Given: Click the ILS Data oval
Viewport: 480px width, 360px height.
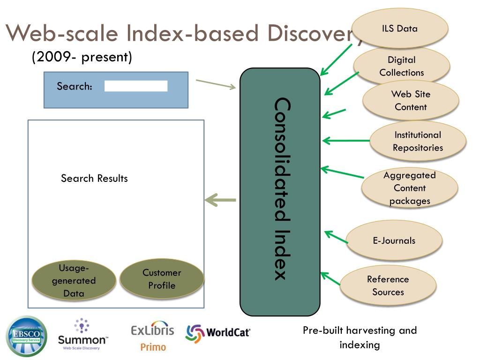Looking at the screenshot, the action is click(400, 28).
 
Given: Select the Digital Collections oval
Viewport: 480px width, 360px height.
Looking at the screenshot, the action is click(402, 66).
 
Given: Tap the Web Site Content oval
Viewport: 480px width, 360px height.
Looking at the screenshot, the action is click(411, 100).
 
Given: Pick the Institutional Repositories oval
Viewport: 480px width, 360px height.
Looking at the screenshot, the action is click(418, 141).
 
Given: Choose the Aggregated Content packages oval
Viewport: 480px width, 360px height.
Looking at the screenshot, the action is click(410, 187).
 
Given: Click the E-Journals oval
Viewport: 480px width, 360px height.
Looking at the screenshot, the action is click(394, 240).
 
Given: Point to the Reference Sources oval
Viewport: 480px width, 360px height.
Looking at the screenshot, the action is click(388, 285).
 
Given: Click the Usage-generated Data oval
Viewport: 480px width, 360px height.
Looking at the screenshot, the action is click(74, 280).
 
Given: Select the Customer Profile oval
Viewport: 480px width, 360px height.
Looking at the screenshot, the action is click(162, 278).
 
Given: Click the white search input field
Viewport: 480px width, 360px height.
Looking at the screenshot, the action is click(136, 86).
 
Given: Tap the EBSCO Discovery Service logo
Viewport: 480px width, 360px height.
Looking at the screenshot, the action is click(26, 336).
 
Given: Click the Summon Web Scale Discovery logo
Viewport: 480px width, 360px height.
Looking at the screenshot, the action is click(82, 334).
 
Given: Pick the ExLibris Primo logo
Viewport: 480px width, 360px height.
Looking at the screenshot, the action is click(152, 336).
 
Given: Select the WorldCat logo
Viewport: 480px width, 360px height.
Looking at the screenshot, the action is click(218, 333).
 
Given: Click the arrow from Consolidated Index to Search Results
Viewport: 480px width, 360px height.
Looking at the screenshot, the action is click(220, 200).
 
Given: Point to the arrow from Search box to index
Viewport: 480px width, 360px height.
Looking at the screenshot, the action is click(216, 84).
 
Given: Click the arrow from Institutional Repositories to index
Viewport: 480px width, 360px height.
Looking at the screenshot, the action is click(346, 141).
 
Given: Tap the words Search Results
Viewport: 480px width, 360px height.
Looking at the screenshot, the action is click(94, 178).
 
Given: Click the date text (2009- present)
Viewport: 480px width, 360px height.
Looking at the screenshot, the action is click(82, 57).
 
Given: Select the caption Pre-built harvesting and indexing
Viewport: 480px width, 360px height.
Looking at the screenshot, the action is click(360, 337).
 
